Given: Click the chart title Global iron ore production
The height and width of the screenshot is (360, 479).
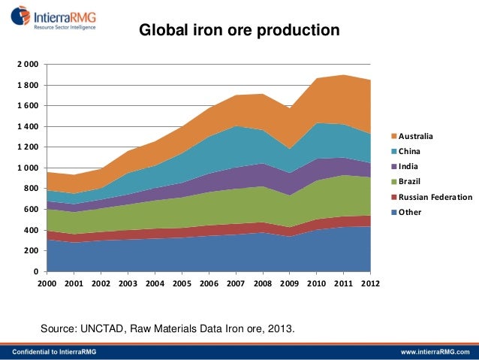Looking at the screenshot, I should point(239,31).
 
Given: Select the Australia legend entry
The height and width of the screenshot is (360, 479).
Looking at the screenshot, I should point(415,136).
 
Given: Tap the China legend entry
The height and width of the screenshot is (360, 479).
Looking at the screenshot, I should point(409,151).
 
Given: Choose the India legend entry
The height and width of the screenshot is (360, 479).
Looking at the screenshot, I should point(408,166).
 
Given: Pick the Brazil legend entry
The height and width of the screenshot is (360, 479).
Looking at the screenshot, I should point(409,181).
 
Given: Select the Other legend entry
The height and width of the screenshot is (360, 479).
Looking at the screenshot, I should point(409,212).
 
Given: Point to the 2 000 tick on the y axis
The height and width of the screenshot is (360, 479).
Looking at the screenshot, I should point(28,65).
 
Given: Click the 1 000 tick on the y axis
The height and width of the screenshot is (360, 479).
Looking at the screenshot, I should point(28,168).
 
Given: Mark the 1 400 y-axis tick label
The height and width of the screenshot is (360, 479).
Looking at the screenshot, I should point(28,127).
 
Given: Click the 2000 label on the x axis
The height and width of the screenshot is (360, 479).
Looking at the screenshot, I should point(47,284).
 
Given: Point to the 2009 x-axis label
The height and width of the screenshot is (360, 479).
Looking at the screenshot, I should point(289,284).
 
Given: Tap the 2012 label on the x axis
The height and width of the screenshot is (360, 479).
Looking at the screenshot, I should point(370,284).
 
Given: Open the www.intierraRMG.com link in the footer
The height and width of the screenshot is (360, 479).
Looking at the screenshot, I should point(434,352).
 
